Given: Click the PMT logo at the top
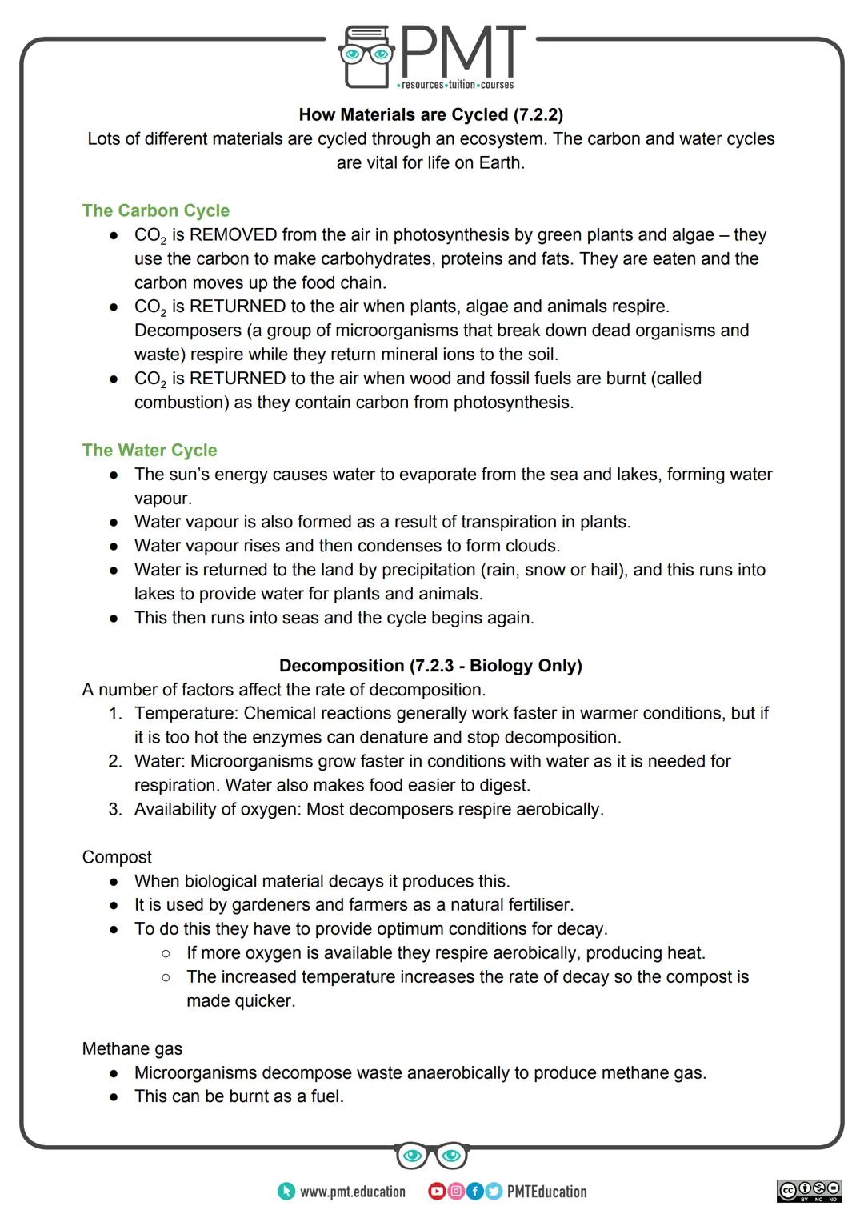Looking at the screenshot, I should coord(432,56).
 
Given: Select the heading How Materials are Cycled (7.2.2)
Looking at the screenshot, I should coord(430,115).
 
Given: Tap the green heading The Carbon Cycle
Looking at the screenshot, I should coord(155,210).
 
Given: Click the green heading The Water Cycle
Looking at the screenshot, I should coord(150,450).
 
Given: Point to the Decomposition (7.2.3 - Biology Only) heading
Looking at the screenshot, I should coord(430,666).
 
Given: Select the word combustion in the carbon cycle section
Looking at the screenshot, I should coord(182,403).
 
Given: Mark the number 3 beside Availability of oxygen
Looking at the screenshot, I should coord(115,809).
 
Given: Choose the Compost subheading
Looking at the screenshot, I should coord(117,857).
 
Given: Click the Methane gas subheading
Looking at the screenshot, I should coord(132,1048).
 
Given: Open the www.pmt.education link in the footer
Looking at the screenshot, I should coord(352,1192).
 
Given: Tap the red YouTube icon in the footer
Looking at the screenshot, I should coord(437,1192).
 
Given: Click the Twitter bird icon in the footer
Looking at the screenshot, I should coord(493,1192).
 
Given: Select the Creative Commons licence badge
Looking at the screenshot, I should coord(809,1191).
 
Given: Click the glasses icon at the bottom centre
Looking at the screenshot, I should coord(431,1156).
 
